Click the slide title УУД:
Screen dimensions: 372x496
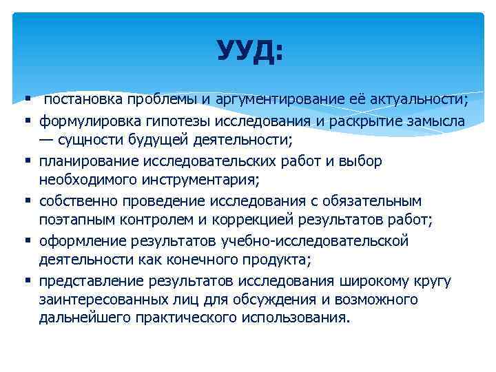click(249, 51)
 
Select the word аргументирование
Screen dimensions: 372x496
click(273, 100)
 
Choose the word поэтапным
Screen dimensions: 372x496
click(76, 220)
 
